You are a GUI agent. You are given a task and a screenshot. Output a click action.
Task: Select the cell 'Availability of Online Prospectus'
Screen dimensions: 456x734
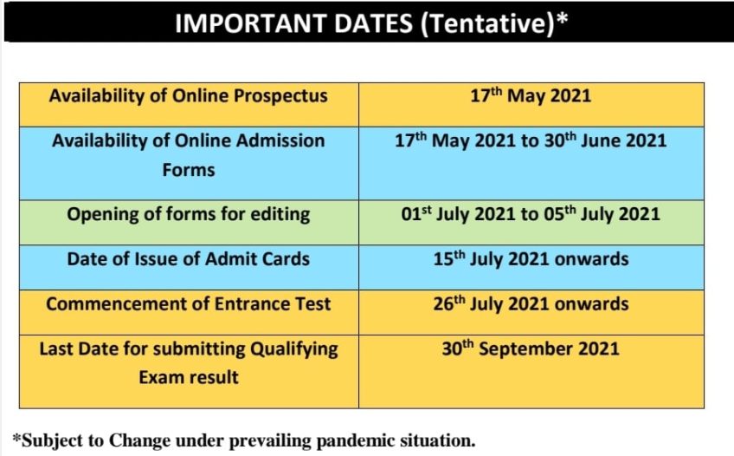click(x=189, y=95)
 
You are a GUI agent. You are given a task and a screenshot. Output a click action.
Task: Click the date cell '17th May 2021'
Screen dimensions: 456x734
click(x=531, y=95)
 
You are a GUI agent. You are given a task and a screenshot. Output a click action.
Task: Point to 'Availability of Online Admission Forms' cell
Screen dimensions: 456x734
click(x=189, y=154)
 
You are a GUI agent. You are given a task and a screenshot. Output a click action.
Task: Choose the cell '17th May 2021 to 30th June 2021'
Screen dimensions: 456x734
click(x=531, y=140)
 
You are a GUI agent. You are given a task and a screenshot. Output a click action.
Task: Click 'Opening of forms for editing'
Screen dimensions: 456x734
click(x=189, y=214)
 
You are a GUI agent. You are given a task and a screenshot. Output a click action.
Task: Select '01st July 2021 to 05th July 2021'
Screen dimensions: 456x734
click(x=531, y=214)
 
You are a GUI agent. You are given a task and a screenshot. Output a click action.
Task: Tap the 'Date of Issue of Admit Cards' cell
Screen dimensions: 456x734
click(x=189, y=258)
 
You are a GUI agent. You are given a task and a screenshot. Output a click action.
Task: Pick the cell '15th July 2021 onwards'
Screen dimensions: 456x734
click(x=531, y=258)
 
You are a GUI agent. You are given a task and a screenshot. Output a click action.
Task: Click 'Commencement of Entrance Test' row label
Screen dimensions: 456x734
click(x=189, y=304)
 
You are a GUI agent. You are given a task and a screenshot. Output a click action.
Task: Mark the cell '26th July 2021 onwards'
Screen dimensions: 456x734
click(x=531, y=304)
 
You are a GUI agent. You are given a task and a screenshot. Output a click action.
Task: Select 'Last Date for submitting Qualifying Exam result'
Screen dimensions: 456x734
click(x=189, y=363)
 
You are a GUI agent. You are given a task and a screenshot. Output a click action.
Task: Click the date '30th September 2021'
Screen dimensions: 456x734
click(x=531, y=349)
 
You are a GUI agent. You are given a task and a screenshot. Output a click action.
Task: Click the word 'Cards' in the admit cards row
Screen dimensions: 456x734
click(x=285, y=258)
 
